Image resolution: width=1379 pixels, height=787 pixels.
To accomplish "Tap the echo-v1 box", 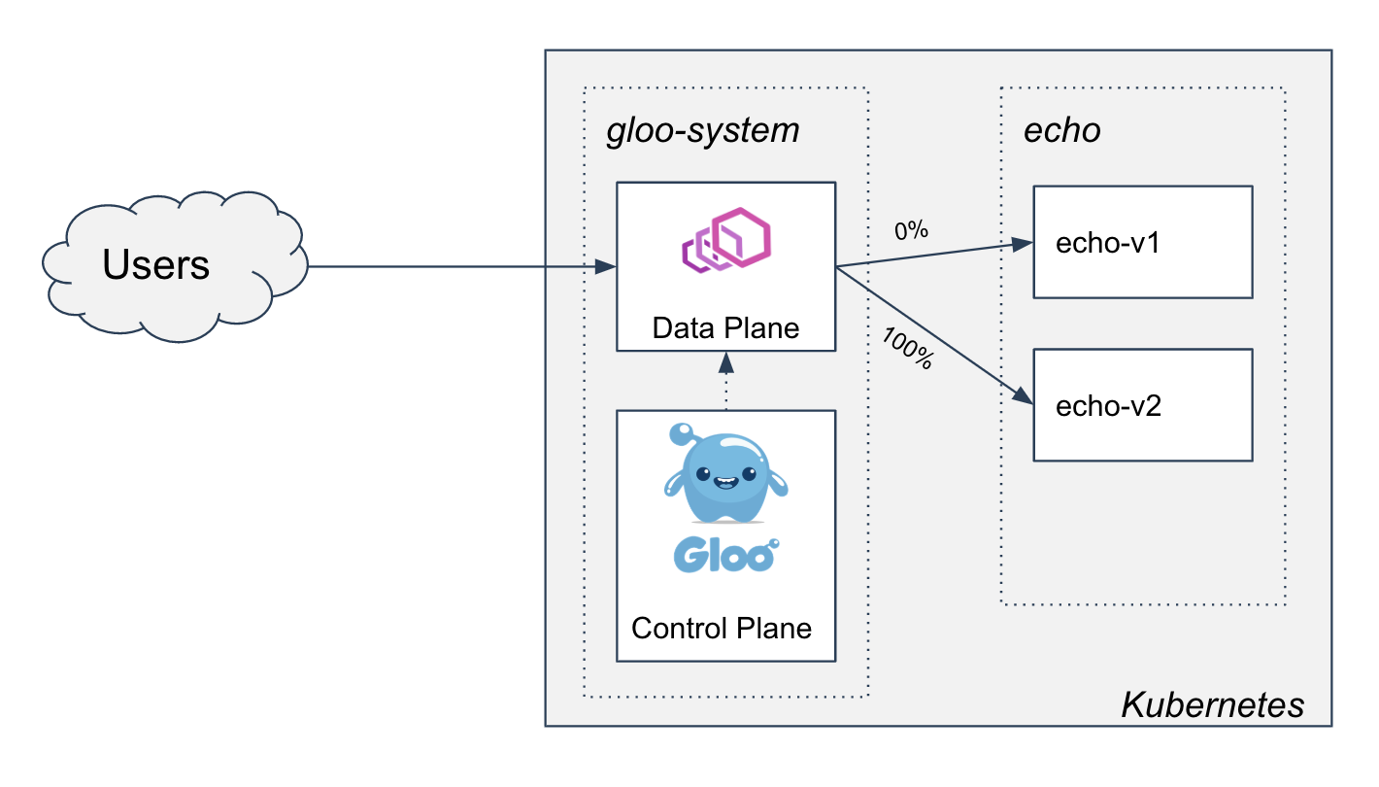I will [x=1142, y=242].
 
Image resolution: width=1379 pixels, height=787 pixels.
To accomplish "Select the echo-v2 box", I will [x=1142, y=405].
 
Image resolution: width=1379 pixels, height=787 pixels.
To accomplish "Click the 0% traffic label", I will [x=911, y=231].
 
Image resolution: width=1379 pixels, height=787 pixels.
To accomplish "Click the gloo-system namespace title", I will [x=702, y=130].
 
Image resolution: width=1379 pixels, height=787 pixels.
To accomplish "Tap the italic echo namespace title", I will [x=1062, y=130].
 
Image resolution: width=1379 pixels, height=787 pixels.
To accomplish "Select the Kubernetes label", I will [x=1212, y=704].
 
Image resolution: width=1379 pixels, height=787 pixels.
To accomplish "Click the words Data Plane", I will [x=725, y=327].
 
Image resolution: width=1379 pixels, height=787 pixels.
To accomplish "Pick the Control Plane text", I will [x=722, y=628].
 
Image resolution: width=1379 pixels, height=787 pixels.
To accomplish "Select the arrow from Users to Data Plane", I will [x=456, y=266].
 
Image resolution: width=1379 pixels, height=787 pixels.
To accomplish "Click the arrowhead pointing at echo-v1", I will [x=1023, y=244].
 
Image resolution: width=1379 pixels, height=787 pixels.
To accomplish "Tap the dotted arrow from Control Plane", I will [x=726, y=387].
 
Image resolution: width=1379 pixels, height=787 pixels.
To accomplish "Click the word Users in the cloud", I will [x=155, y=264].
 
